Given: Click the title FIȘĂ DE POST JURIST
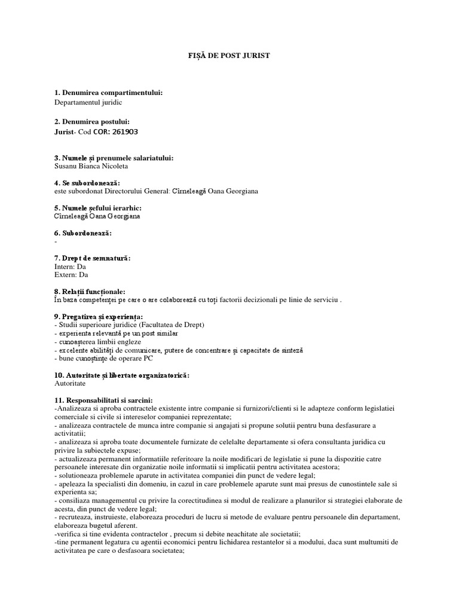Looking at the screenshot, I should click(229, 56).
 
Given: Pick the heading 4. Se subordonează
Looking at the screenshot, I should click(87, 182).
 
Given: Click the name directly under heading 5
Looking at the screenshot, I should click(97, 216).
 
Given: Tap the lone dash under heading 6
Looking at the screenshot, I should click(55, 241).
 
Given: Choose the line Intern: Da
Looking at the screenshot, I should click(70, 267).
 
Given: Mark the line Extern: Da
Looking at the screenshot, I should click(71, 275).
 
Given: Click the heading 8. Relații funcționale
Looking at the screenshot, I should click(90, 291).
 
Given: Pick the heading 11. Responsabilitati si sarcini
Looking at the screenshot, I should click(103, 399).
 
